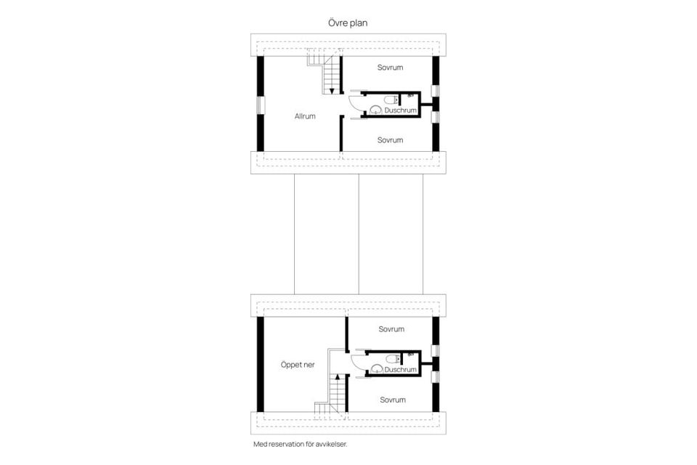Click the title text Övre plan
pos(348,23)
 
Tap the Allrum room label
pos(305,116)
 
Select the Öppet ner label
pos(298,365)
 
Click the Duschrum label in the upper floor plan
pos(400,110)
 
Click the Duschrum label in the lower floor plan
pos(400,369)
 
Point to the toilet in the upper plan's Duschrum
pos(391,99)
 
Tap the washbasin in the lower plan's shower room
pos(376,368)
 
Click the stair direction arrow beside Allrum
pos(331,89)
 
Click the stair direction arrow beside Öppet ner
pos(338,379)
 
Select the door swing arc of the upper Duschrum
pos(354,106)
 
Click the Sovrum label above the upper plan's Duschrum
pos(390,68)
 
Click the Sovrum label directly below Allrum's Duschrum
pos(390,140)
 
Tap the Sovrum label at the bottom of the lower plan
pos(392,400)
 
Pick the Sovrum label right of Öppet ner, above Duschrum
pos(391,329)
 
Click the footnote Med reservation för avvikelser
pos(305,443)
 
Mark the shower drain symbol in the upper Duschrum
pos(410,94)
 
